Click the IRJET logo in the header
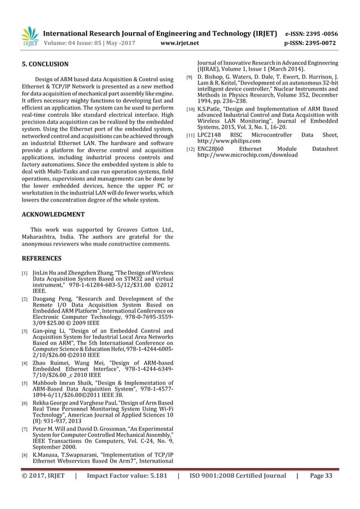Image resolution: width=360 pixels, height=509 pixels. point(29,37)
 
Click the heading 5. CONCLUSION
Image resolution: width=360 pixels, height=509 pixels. point(45,64)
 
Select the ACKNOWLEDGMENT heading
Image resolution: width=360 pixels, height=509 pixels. point(53,214)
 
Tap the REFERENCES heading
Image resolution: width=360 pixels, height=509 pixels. point(41,258)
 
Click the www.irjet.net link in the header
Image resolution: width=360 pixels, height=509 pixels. point(179,42)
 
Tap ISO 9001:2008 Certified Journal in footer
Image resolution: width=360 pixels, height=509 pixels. point(237,476)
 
